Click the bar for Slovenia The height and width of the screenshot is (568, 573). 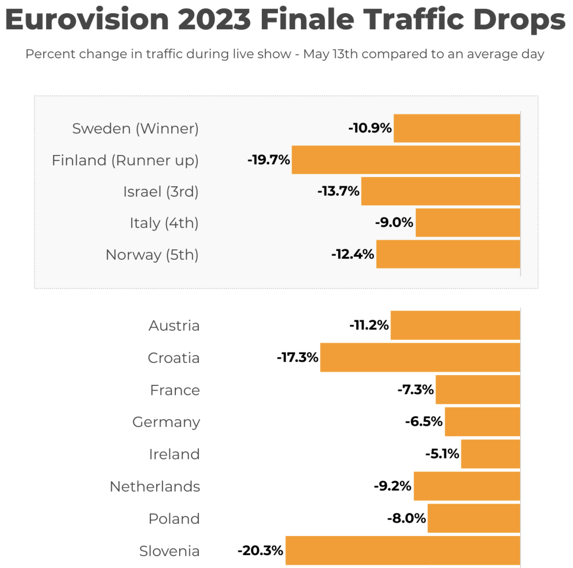click(402, 550)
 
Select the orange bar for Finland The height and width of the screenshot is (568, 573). click(405, 160)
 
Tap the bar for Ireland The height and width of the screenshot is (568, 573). click(490, 454)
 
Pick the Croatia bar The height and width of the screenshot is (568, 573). click(420, 357)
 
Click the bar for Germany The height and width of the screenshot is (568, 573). click(482, 422)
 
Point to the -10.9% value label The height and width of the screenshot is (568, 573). click(370, 128)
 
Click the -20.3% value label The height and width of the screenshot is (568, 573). click(260, 550)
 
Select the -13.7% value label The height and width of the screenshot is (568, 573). click(338, 191)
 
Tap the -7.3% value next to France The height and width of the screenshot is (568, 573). click(416, 389)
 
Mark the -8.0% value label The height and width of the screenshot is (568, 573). click(406, 518)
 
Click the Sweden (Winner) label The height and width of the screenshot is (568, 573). click(135, 128)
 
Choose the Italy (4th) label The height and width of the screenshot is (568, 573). click(164, 223)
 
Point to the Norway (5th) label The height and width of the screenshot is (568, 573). click(152, 255)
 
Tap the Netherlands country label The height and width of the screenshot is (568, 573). click(154, 486)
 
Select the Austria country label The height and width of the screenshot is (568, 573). click(174, 326)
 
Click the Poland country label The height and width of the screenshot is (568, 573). click(174, 519)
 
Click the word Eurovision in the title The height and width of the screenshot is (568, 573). click(87, 20)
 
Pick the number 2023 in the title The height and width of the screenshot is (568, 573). click(214, 20)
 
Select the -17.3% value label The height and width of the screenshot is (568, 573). click(297, 357)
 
